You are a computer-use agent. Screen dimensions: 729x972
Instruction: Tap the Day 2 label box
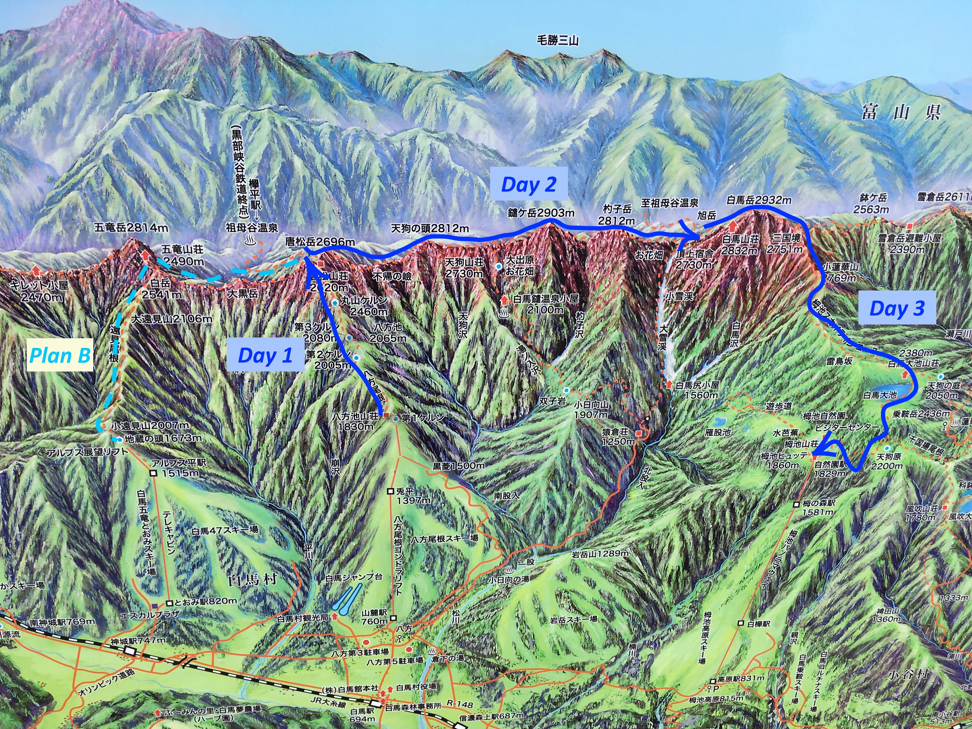pos(529,185)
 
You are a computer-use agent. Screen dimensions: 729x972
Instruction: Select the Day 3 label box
pos(897,308)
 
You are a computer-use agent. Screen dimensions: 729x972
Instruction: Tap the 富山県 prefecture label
pos(901,113)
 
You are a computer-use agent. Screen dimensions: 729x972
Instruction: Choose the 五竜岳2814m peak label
pos(131,228)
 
